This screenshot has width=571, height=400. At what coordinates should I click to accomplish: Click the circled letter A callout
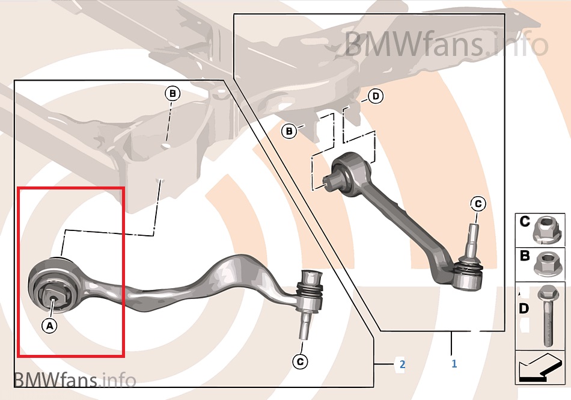pos(49,325)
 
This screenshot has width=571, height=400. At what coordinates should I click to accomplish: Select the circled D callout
pos(376,96)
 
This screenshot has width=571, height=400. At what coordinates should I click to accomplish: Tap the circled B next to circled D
pos(289,131)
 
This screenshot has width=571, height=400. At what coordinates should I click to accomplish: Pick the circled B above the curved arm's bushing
pos(173,94)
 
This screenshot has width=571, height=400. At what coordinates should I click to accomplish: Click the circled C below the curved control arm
pos(300,362)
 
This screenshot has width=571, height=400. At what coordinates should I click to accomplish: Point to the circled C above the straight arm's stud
pos(478,204)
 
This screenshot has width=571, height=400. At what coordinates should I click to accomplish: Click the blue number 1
pos(454,363)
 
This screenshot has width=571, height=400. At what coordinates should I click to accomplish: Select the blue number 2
pos(402,364)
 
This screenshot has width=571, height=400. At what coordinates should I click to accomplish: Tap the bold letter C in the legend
pos(524,221)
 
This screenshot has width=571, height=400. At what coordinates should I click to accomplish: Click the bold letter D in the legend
pos(524,309)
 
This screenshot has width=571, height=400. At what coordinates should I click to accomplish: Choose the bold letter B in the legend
pos(524,256)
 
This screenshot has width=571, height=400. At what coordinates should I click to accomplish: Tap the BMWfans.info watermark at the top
pos(446,45)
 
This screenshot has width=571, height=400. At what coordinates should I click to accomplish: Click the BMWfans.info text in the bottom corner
pos(75,380)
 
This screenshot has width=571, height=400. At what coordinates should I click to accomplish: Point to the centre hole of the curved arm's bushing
pos(53,299)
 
